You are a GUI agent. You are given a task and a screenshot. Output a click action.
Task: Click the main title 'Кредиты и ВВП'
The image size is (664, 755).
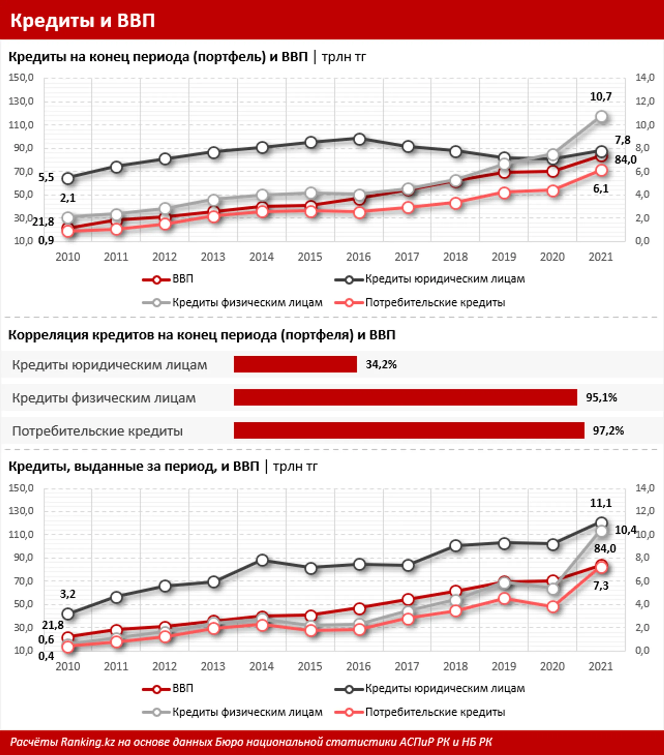[82, 21]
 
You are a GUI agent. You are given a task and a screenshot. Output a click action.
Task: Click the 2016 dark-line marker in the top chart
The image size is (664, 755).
[359, 139]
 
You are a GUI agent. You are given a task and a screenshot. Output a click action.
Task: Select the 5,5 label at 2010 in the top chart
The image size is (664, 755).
[46, 178]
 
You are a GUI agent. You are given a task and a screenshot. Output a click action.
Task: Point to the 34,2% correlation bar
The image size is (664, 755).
[295, 364]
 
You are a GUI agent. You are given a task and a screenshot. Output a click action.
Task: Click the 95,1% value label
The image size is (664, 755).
[601, 397]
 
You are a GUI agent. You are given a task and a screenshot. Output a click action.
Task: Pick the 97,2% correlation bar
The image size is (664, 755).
[409, 430]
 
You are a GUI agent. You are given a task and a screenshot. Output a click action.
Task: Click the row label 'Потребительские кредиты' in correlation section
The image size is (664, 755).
[97, 431]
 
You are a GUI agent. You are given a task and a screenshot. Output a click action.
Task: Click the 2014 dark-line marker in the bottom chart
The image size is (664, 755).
[262, 560]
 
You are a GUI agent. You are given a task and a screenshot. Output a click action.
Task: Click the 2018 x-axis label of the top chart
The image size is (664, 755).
[455, 257]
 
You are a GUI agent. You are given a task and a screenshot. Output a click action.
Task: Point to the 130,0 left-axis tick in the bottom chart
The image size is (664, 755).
[21, 511]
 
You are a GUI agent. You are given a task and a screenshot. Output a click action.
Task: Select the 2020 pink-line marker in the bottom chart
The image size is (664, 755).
[553, 607]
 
